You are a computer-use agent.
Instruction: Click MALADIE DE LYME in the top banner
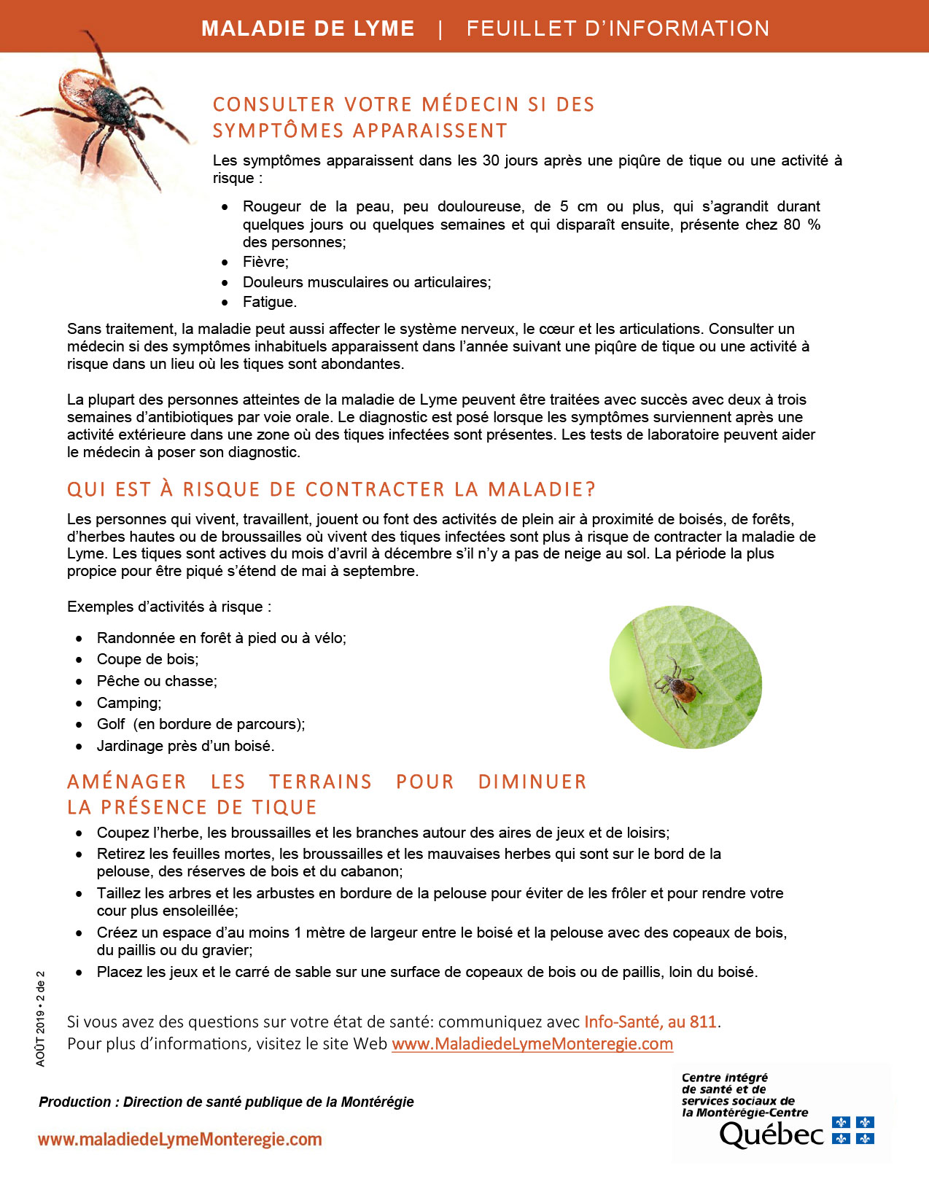click(308, 28)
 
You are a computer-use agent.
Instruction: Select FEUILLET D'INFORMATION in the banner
click(618, 28)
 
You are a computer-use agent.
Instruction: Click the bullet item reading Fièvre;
click(265, 262)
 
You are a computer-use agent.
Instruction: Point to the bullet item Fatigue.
click(270, 302)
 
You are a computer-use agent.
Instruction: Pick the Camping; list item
click(129, 703)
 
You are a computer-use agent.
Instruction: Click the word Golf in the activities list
click(111, 724)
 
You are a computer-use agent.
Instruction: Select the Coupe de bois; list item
click(147, 659)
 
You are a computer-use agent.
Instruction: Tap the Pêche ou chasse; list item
click(157, 681)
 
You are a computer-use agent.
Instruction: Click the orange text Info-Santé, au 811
click(650, 1021)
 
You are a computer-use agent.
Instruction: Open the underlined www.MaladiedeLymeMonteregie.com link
click(532, 1043)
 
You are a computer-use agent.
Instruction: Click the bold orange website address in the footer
click(179, 1140)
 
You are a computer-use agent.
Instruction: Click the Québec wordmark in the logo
click(771, 1134)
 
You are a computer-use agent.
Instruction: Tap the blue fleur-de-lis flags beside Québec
click(853, 1130)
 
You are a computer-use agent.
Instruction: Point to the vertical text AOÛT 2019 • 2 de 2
click(41, 1018)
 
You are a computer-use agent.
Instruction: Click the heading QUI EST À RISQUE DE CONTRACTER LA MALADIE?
click(331, 489)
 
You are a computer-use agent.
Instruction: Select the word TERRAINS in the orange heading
click(320, 782)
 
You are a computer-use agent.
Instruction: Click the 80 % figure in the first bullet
click(801, 225)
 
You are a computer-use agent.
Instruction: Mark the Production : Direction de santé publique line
click(226, 1102)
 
